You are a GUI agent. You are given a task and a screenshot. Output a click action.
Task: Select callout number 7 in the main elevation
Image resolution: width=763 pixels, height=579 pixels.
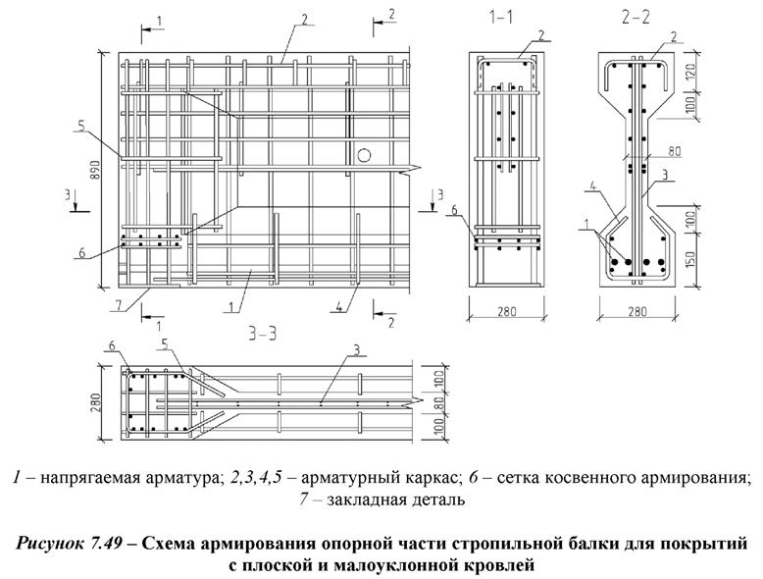click(x=119, y=305)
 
